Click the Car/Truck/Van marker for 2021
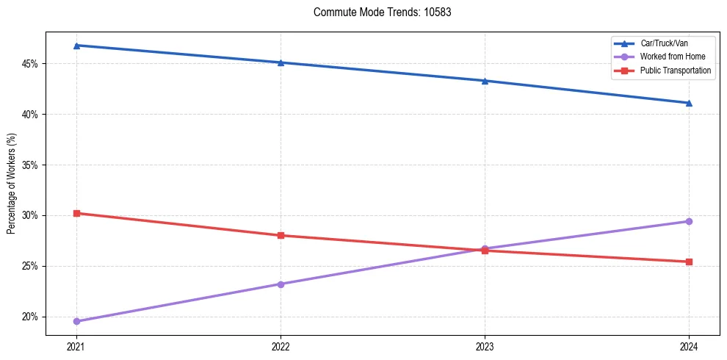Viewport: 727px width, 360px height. [x=76, y=46]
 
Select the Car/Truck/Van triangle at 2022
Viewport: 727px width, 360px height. [x=281, y=62]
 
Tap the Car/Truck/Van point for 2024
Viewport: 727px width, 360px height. [x=689, y=103]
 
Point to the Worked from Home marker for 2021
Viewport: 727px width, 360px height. [x=76, y=321]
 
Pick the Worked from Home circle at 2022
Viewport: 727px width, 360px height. [x=281, y=284]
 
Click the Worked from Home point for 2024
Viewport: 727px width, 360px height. [x=689, y=221]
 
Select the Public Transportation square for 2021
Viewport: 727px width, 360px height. [x=76, y=213]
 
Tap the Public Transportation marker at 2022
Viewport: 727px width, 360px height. [x=281, y=235]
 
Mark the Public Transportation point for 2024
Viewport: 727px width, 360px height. [x=689, y=262]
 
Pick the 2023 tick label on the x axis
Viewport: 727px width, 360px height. [x=485, y=345]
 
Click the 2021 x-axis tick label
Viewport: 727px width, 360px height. [x=76, y=345]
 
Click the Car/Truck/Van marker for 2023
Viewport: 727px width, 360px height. [x=485, y=81]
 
